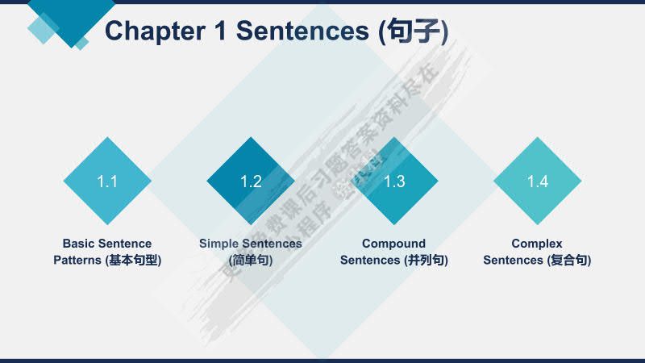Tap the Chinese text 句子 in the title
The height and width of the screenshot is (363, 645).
[x=413, y=31]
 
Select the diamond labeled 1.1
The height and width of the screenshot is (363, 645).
[x=107, y=181]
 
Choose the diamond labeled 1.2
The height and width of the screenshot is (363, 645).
[x=251, y=181]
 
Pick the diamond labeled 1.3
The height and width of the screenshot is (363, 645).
[x=394, y=181]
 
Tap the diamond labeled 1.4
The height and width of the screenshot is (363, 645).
[x=538, y=181]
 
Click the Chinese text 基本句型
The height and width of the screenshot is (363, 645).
[x=133, y=261]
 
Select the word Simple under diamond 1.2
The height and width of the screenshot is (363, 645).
[x=218, y=244]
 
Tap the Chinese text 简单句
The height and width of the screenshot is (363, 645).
[x=251, y=261]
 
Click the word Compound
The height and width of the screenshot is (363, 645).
[x=393, y=244]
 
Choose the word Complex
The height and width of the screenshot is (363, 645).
[x=537, y=244]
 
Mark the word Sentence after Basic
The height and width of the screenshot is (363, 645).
[x=124, y=244]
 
